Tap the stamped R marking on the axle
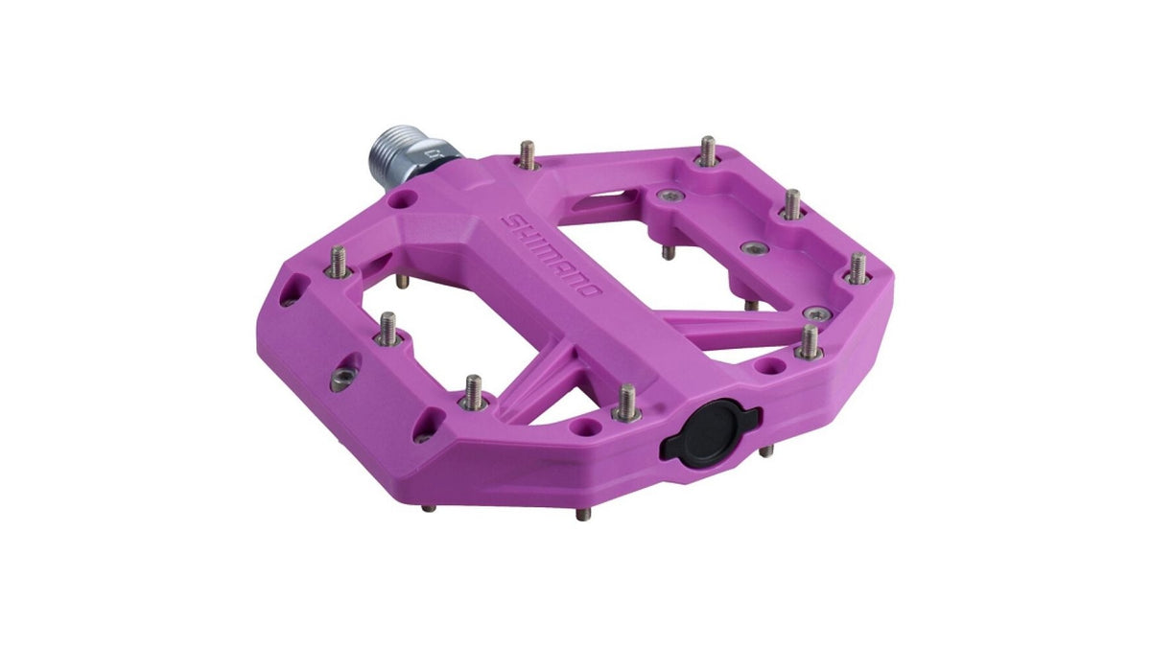point(436,154)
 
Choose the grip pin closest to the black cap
point(625,403)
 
